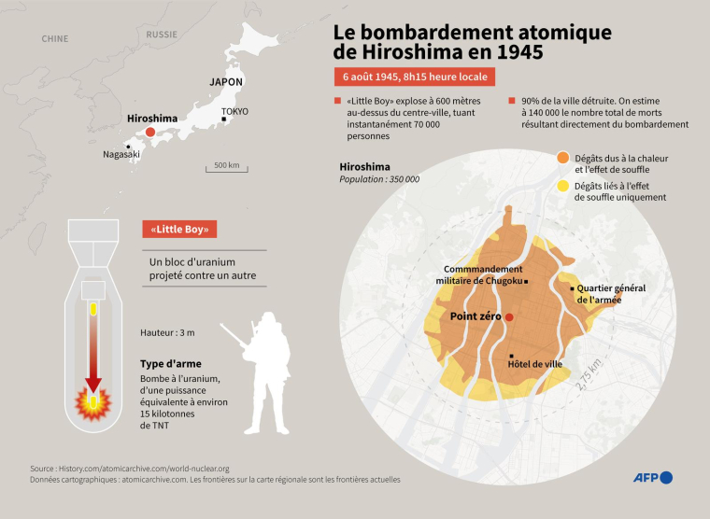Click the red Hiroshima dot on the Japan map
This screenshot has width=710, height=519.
tap(150, 133)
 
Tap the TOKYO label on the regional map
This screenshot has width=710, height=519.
tap(235, 111)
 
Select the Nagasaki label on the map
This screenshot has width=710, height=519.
tap(121, 154)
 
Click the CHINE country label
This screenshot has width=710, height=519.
tap(55, 38)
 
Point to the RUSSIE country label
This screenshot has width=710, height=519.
tap(162, 35)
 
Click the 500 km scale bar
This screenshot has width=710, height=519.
tap(226, 170)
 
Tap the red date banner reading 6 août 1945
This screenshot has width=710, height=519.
tap(414, 77)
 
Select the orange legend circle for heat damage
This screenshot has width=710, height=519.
tap(563, 159)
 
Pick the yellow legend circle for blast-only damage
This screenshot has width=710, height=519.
tap(563, 188)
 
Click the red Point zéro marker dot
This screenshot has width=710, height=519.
tap(510, 318)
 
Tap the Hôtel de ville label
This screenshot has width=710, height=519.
tap(535, 363)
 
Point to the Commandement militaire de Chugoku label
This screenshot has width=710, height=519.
tap(482, 274)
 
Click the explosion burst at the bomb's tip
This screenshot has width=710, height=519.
tap(93, 402)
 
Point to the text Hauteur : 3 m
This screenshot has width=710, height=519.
tap(167, 332)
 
